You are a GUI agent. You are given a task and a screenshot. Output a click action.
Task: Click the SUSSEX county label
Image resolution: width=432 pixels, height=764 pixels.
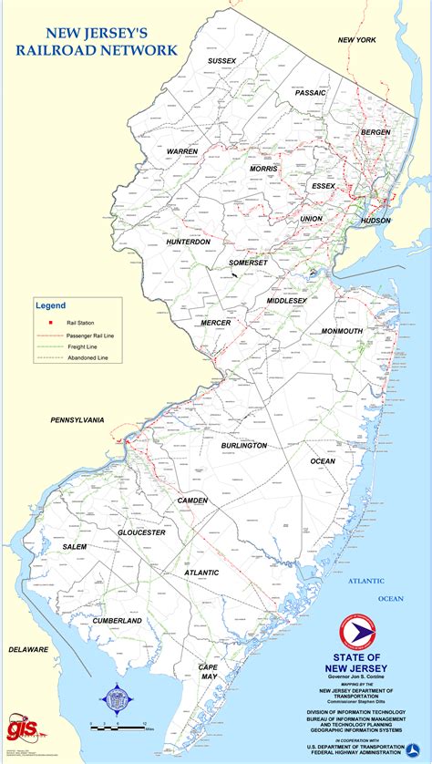tap(221, 61)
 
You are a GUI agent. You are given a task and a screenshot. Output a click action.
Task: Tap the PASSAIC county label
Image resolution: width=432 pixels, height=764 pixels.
tap(311, 93)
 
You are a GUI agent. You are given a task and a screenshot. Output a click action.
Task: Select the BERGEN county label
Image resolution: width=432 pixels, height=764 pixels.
tap(375, 132)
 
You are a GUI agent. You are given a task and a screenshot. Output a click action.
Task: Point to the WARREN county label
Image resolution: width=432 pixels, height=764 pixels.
tap(182, 151)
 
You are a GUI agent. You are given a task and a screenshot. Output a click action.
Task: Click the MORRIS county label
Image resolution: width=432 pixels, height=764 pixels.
tap(264, 169)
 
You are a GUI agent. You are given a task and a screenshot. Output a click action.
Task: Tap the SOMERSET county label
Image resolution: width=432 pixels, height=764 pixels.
tap(248, 263)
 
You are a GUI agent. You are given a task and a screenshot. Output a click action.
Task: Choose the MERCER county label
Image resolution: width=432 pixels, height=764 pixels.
tap(216, 322)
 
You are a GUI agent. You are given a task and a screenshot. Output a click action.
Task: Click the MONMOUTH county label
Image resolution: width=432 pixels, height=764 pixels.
tap(342, 331)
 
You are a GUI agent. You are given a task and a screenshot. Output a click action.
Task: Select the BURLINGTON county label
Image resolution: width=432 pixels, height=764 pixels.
tap(244, 445)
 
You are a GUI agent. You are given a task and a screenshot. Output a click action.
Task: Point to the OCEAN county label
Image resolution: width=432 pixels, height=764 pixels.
tap(323, 461)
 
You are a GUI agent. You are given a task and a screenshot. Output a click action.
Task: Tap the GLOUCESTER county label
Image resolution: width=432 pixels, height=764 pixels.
tap(141, 532)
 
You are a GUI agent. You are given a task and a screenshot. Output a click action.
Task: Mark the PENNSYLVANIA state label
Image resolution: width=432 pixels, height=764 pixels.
tap(77, 420)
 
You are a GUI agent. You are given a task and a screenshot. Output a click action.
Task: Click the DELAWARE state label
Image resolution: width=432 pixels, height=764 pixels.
tap(28, 649)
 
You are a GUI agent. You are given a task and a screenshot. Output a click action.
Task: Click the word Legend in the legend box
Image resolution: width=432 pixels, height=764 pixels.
tap(50, 304)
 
